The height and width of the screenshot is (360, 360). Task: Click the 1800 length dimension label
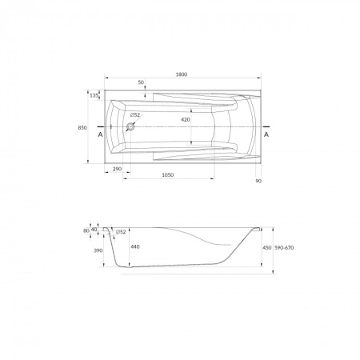coord(182,74)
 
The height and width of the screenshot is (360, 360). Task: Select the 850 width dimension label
coord(82,128)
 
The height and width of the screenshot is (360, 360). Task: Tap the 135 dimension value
coord(94,95)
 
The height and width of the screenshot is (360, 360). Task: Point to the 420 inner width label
coord(186,120)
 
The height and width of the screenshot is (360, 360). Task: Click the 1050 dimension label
coord(168,175)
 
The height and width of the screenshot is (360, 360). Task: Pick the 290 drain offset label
coord(117,169)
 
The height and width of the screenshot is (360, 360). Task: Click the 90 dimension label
coord(258,181)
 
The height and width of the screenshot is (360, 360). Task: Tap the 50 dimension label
coord(141,82)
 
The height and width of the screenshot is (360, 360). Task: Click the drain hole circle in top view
coord(130,127)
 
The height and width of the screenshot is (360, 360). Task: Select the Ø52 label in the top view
coord(135,115)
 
